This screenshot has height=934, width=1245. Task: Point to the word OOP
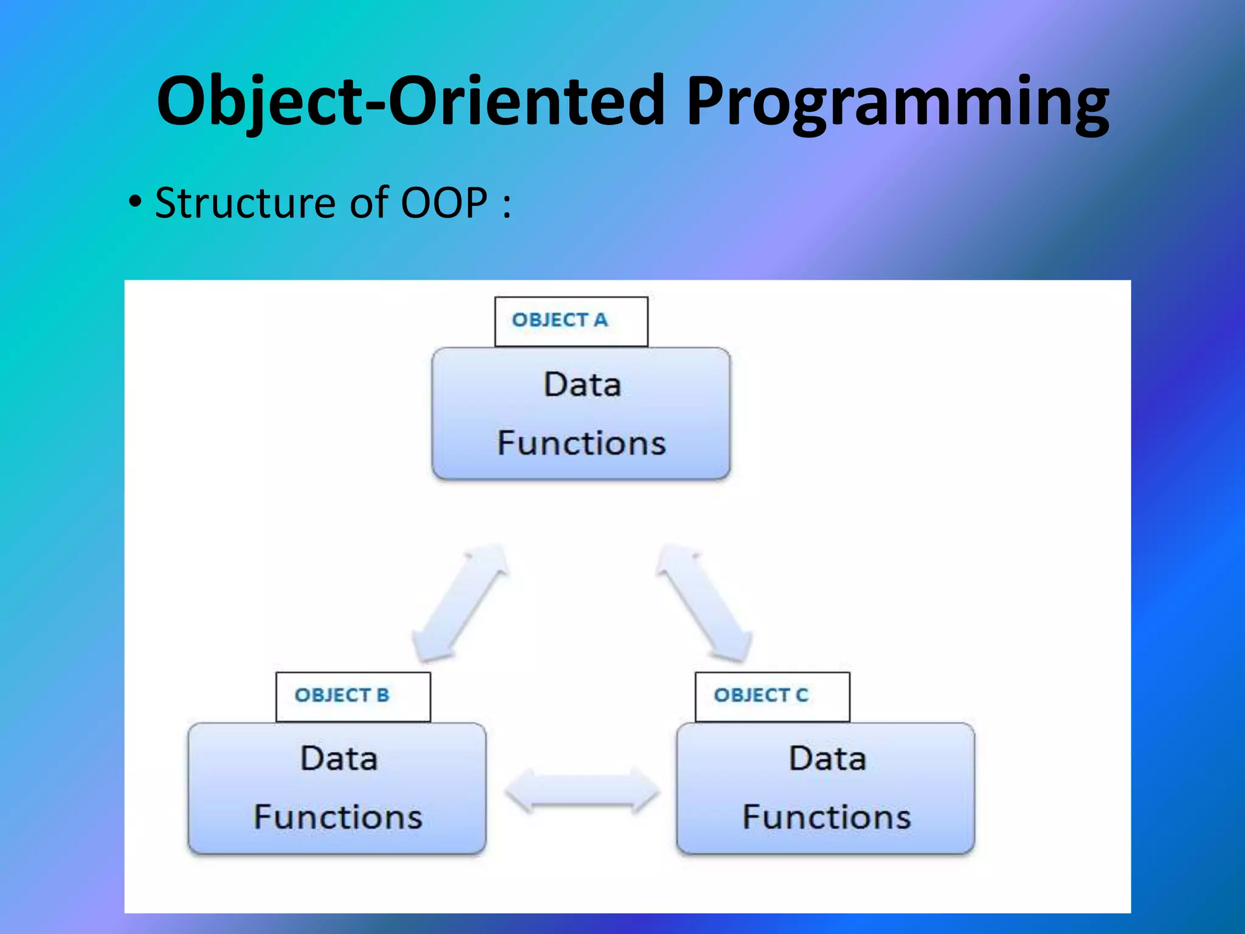coord(444,202)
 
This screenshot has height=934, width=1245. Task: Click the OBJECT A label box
coord(571,321)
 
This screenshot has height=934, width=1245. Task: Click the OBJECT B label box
coord(353,696)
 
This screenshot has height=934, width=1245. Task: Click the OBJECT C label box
coord(772,696)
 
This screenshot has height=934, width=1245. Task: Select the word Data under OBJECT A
coord(582,385)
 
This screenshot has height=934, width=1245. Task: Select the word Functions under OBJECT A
coord(581,443)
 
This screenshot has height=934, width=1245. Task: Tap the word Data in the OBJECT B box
coord(339,759)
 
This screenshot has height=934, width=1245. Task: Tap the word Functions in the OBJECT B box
coord(337,817)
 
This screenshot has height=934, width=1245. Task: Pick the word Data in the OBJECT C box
coord(827,759)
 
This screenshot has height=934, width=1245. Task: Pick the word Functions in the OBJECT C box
coord(826,817)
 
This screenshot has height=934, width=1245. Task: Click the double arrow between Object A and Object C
coord(704,602)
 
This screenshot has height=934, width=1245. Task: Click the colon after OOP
coord(506,205)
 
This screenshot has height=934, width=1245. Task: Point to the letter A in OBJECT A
coord(601,320)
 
